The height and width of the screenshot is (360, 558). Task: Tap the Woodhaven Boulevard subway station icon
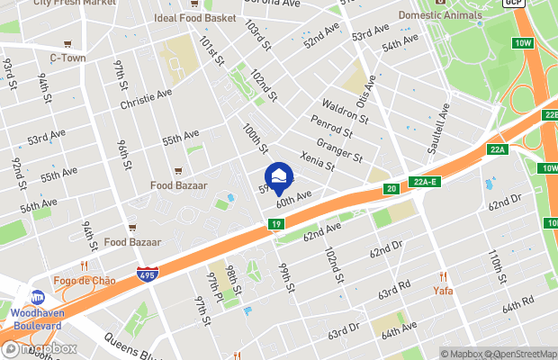[39, 298]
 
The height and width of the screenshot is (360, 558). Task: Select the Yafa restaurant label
[442, 291]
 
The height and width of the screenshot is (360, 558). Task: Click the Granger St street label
[341, 148]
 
